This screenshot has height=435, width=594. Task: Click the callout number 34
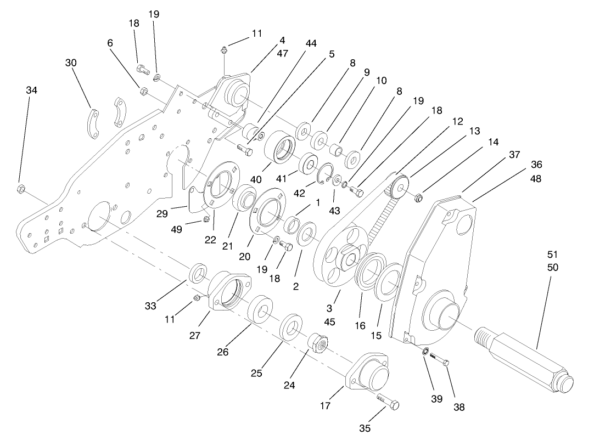(32, 90)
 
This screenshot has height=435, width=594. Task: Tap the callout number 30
(70, 63)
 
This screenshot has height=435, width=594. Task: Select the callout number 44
(311, 43)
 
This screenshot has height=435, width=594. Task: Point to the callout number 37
(514, 155)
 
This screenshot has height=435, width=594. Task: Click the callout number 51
(552, 254)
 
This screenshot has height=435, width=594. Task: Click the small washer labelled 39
(425, 351)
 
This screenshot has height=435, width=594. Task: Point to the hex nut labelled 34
(20, 189)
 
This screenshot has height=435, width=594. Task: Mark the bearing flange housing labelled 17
(369, 374)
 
